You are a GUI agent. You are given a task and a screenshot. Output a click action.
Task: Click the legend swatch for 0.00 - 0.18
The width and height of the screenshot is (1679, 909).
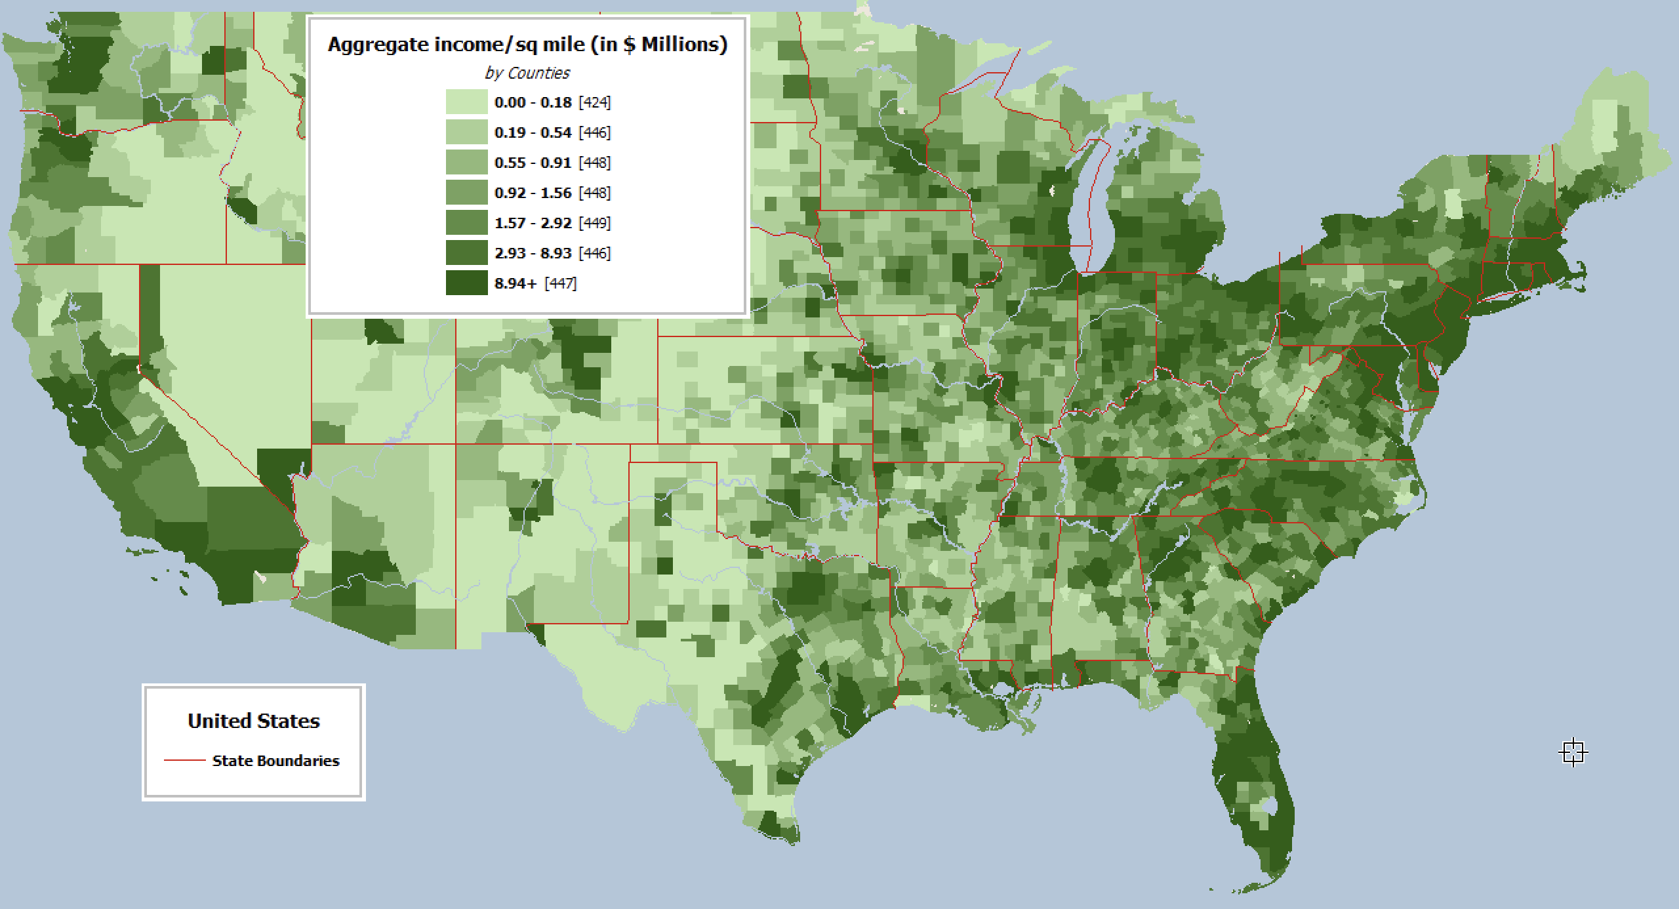pos(466,102)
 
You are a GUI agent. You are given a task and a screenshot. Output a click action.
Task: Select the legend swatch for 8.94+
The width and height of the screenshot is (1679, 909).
pos(466,283)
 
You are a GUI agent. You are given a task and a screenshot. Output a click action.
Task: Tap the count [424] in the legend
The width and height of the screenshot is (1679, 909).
pos(594,102)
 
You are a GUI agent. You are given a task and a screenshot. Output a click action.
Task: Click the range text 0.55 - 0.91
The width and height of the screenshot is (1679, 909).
pos(533,163)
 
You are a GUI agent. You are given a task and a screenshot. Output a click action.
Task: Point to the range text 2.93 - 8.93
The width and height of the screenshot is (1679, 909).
pos(533,253)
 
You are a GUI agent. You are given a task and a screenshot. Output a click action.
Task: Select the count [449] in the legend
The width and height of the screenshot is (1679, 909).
pos(594,223)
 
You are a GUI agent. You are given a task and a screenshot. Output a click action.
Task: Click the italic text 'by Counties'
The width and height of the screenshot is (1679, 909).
pos(527,73)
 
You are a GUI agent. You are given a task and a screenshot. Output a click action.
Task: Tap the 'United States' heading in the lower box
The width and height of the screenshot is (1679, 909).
pos(253,721)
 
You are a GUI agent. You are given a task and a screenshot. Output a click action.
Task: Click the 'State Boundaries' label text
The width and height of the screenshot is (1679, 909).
pos(275,761)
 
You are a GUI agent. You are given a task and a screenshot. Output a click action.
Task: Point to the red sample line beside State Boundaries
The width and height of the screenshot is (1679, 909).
pos(184,761)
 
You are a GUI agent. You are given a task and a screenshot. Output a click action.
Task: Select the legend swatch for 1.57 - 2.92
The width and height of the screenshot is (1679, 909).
pos(466,223)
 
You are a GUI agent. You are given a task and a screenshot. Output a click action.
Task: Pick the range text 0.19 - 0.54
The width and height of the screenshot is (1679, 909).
pos(533,132)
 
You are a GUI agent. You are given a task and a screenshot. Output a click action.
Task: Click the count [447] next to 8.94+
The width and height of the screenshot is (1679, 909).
pos(561,283)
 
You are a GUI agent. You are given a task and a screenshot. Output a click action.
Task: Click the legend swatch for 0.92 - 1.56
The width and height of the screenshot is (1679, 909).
pos(466,193)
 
